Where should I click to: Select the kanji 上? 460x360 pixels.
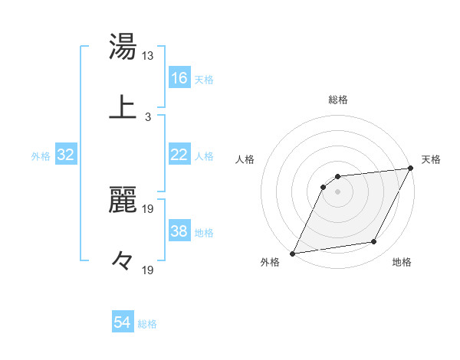click(123, 106)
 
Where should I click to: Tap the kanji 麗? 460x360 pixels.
click(123, 201)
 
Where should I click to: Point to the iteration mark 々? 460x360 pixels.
click(123, 260)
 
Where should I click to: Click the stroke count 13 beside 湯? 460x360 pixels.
click(148, 57)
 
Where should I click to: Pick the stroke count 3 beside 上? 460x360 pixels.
click(148, 117)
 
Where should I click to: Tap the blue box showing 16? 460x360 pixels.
click(179, 78)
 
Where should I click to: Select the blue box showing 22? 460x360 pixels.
click(179, 155)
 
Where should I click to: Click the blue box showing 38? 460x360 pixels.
click(179, 231)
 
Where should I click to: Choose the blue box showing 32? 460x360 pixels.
click(66, 155)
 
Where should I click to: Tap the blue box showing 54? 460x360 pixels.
click(123, 322)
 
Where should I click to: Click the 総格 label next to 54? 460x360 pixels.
click(147, 324)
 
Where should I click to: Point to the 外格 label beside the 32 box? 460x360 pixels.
click(41, 156)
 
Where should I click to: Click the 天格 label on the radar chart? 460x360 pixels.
click(431, 159)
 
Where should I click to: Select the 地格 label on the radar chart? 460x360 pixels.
click(402, 262)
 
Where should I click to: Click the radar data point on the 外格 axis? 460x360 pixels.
click(293, 253)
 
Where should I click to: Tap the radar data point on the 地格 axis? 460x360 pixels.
click(374, 242)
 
